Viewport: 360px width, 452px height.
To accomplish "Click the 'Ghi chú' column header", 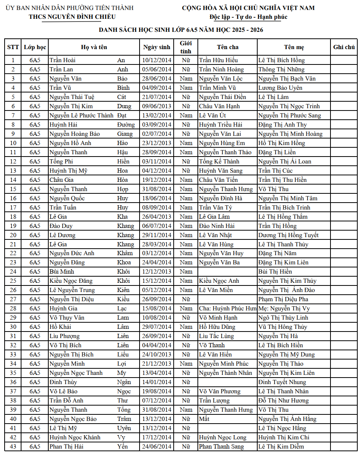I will pyautogui.click(x=344, y=47).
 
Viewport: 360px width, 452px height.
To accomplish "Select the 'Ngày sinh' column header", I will pyautogui.click(x=156, y=47).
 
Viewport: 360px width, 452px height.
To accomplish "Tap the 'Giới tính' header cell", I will pyautogui.click(x=186, y=47).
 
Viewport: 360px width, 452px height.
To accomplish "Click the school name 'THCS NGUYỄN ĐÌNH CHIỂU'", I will pyautogui.click(x=72, y=16).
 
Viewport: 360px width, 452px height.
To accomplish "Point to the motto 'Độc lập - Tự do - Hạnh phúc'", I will pyautogui.click(x=248, y=17).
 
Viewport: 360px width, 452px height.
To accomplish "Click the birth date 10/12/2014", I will pyautogui.click(x=156, y=60).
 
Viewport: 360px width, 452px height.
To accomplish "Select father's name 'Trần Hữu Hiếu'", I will pyautogui.click(x=218, y=60).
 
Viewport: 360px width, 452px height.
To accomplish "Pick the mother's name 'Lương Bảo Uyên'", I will pyautogui.click(x=280, y=88).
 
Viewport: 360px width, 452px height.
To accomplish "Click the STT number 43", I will pyautogui.click(x=13, y=447).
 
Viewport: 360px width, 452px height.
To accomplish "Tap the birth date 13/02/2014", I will pyautogui.click(x=156, y=115).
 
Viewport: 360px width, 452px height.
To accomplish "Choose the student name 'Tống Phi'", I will pyautogui.click(x=61, y=162).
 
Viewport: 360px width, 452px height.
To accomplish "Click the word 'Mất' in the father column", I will pyautogui.click(x=204, y=419).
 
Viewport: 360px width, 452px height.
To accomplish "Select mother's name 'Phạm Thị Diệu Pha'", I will pyautogui.click(x=283, y=299).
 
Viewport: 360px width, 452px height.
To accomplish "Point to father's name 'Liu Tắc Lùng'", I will pyautogui.click(x=216, y=336).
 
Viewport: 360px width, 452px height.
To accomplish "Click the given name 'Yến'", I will pyautogui.click(x=122, y=447).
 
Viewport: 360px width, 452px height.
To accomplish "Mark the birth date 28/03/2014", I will pyautogui.click(x=156, y=244).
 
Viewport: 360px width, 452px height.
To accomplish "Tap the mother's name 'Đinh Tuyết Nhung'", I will pyautogui.click(x=282, y=382).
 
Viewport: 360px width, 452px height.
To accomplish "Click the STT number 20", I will pyautogui.click(x=13, y=235).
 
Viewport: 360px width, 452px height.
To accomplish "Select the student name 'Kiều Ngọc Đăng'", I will pyautogui.click(x=71, y=281).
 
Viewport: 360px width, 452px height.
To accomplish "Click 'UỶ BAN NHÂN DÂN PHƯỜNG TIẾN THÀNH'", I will pyautogui.click(x=69, y=8).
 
